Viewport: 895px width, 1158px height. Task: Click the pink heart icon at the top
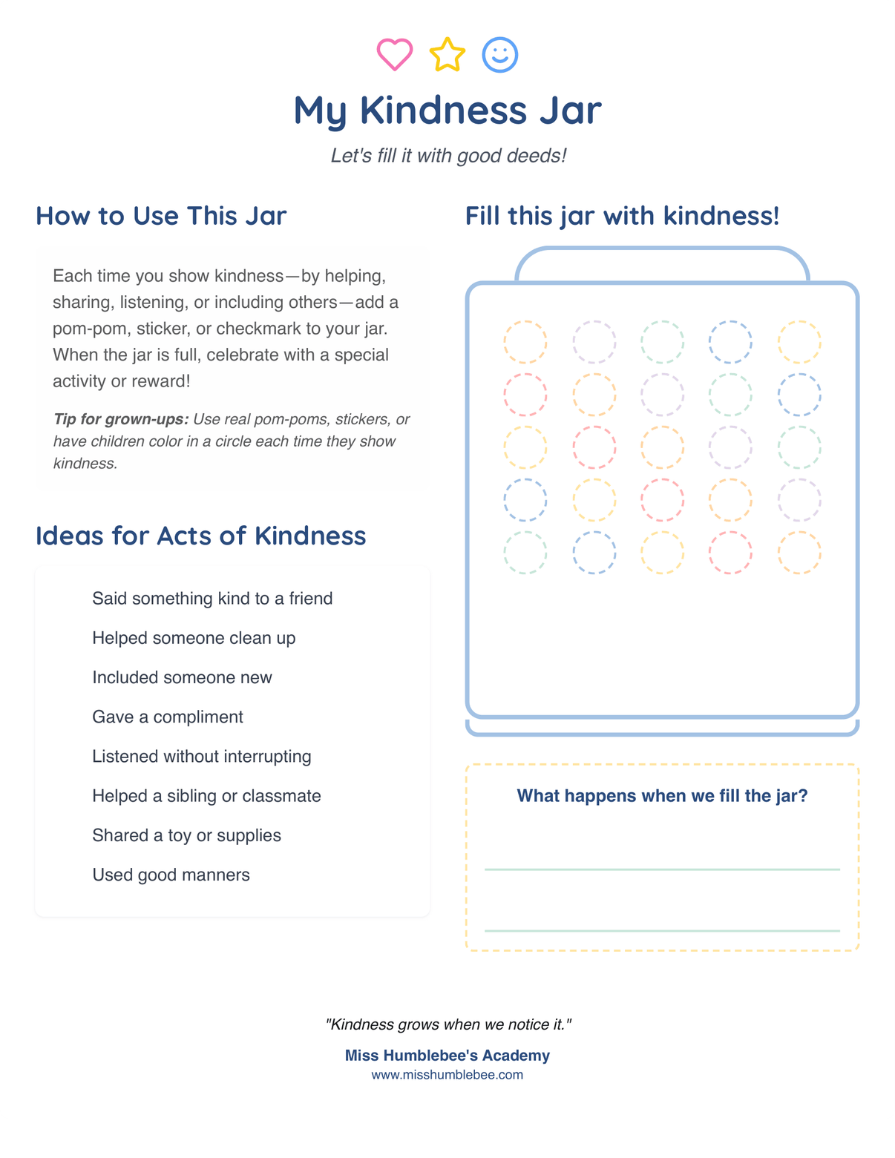click(394, 54)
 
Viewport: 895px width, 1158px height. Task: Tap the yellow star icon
click(447, 55)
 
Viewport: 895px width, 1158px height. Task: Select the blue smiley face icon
click(500, 55)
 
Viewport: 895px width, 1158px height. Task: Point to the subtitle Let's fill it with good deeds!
click(448, 156)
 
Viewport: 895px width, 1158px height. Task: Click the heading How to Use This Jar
click(161, 216)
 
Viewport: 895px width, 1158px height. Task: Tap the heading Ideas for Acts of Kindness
click(200, 536)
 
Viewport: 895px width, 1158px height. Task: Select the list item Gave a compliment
click(168, 717)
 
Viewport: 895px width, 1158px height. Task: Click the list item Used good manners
click(171, 875)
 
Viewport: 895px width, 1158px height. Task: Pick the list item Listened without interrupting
click(202, 756)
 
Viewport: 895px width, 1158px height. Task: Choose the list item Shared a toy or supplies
click(186, 835)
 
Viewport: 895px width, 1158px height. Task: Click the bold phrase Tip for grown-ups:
click(121, 419)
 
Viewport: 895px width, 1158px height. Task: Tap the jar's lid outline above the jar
click(662, 252)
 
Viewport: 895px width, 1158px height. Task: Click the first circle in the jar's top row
click(525, 342)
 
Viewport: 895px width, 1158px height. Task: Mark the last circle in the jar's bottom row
click(799, 553)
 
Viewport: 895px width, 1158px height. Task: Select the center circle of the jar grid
click(662, 447)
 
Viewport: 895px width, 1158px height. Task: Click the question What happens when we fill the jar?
click(662, 796)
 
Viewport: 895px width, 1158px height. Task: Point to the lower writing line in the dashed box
click(662, 930)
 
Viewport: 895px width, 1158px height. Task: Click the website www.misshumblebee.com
click(447, 1075)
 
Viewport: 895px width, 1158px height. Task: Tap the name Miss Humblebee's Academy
click(447, 1056)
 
